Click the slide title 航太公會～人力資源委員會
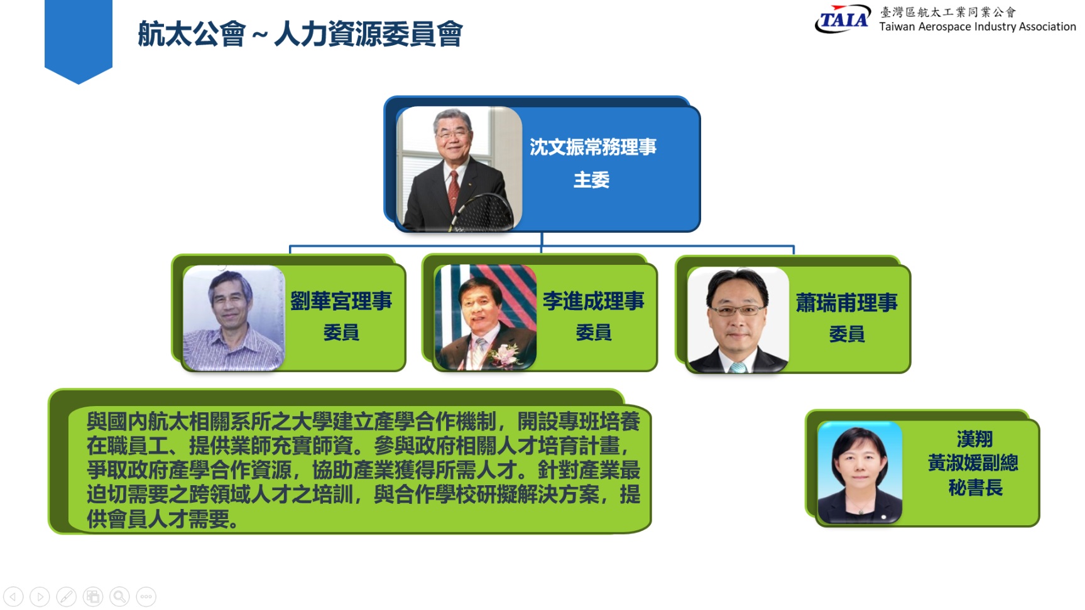300,34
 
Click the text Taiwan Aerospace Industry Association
978,27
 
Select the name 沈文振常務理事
593,147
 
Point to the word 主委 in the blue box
592,180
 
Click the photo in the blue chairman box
459,169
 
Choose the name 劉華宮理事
341,301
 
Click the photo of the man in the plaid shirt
234,318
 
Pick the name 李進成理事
594,301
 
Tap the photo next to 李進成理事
486,318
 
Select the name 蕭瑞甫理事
847,303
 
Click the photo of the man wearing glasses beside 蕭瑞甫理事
738,320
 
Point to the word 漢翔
975,439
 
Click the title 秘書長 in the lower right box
975,488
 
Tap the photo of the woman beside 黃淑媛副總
860,472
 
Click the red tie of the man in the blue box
453,190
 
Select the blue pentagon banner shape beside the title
79,41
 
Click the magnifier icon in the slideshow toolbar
119,596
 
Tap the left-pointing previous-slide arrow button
13,596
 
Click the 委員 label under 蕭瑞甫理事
847,334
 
